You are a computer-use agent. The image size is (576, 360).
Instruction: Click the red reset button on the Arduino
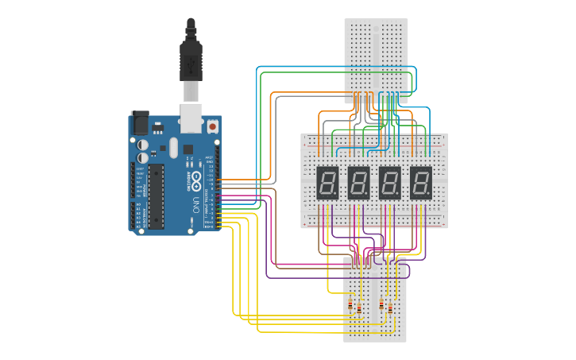click(x=212, y=126)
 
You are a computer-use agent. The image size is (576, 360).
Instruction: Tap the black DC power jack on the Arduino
click(x=140, y=122)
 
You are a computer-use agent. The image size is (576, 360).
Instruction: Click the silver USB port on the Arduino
click(x=191, y=116)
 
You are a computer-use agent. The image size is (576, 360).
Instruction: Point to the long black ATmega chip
click(x=157, y=195)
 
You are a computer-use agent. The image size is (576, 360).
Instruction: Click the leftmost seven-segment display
click(x=327, y=183)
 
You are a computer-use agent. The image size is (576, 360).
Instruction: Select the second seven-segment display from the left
click(x=359, y=183)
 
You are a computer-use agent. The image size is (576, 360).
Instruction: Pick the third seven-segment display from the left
click(x=390, y=183)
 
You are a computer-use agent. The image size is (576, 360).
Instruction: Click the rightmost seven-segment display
click(x=421, y=183)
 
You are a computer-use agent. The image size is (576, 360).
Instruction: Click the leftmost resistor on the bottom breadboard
click(x=350, y=304)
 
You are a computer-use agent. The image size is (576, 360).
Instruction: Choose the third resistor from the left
click(x=381, y=304)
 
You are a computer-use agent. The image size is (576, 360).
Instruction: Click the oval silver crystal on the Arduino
click(x=173, y=147)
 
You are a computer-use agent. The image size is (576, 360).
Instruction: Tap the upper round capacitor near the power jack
click(x=143, y=145)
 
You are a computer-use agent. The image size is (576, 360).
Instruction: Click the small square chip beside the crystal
click(x=188, y=149)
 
